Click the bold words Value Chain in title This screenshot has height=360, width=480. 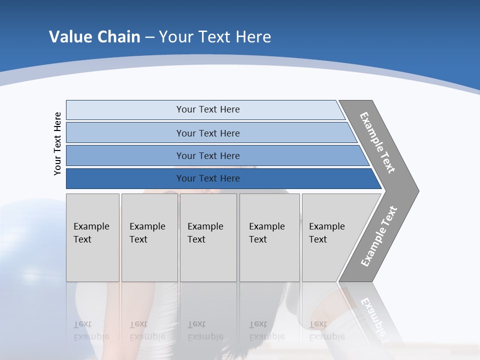click(94, 37)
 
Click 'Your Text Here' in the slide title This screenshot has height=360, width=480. click(215, 37)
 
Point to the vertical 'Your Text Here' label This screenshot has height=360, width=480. click(57, 143)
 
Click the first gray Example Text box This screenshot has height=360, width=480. click(92, 237)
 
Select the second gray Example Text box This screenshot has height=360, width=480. click(149, 237)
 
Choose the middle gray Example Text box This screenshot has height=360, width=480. click(208, 237)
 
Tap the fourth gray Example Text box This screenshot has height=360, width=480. click(269, 237)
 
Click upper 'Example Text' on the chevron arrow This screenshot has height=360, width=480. click(377, 142)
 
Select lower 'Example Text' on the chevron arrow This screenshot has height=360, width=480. click(379, 236)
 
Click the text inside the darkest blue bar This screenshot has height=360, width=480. click(208, 178)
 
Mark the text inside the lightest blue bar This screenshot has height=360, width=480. click(208, 109)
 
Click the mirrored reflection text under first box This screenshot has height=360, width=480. click(91, 330)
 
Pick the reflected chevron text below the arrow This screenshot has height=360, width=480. click(372, 315)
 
